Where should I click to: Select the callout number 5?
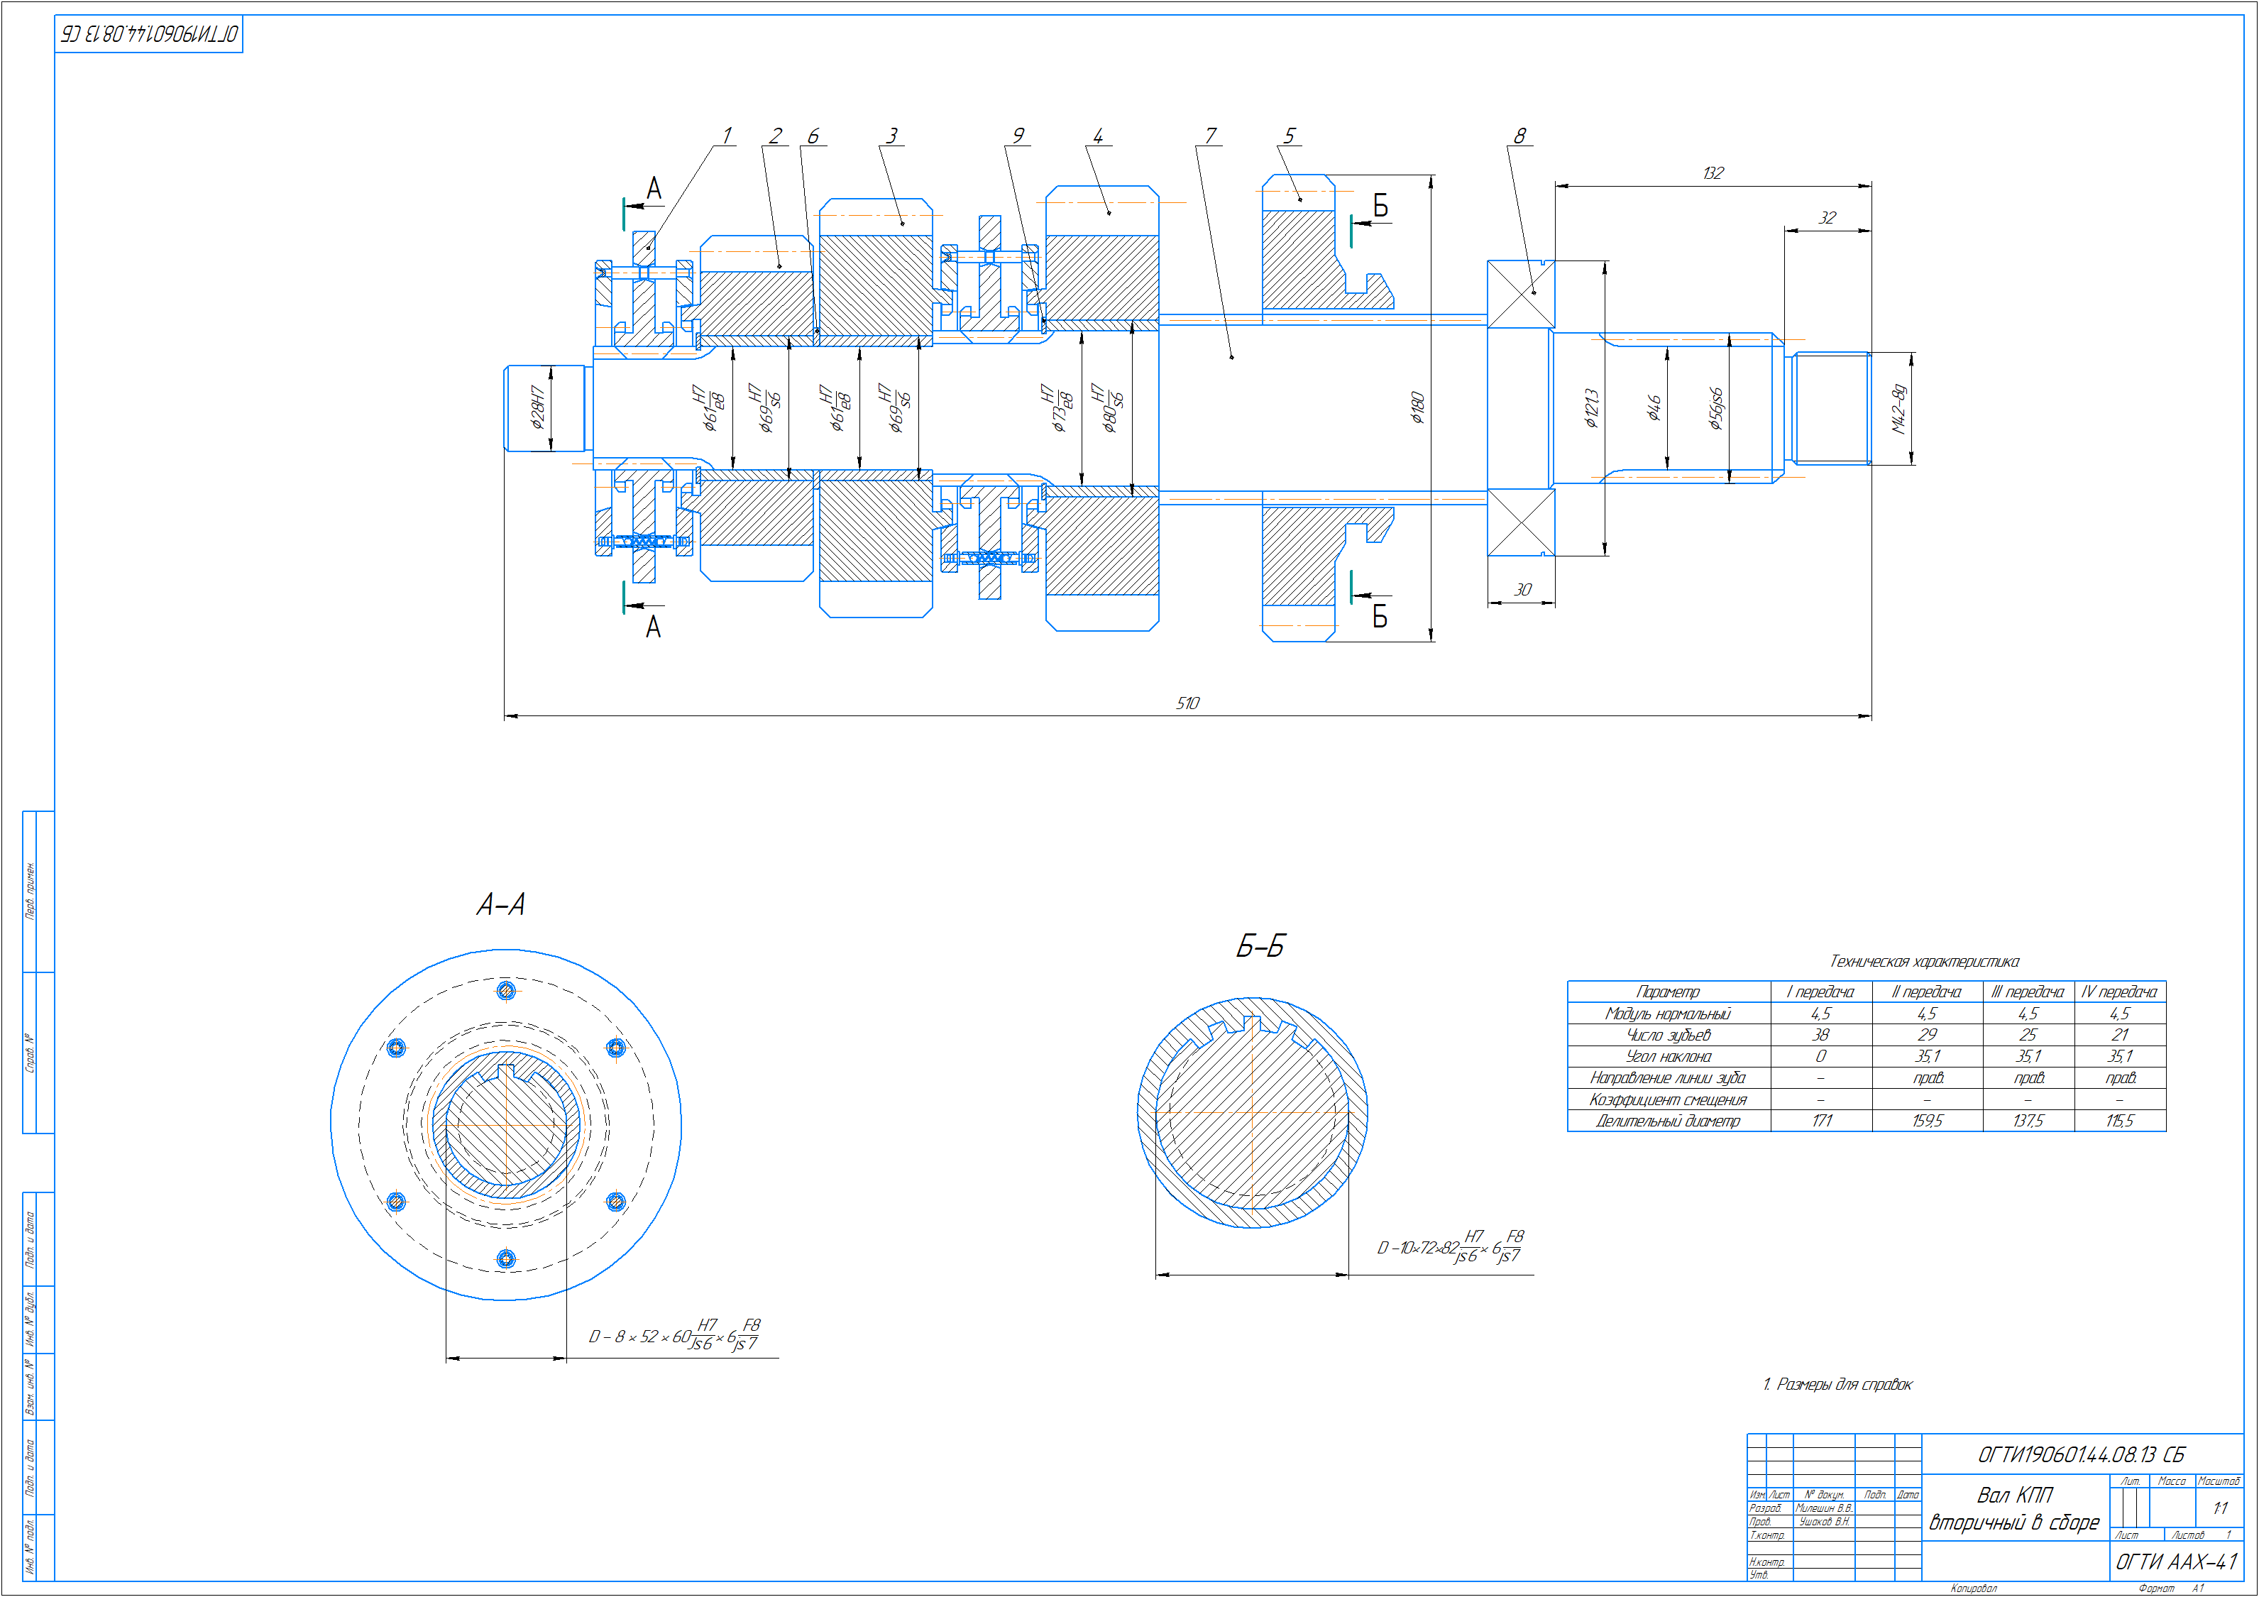click(1289, 136)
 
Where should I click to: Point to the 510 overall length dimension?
click(1187, 703)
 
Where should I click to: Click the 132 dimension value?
click(1713, 173)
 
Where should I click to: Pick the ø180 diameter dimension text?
click(1417, 407)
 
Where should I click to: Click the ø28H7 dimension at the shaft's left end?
click(537, 407)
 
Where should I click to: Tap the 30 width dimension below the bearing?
click(1522, 589)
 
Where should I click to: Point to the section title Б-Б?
click(1259, 948)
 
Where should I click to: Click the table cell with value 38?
click(1820, 1035)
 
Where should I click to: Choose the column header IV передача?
click(2119, 992)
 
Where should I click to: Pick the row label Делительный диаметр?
click(1668, 1121)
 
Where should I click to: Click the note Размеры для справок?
click(1838, 1385)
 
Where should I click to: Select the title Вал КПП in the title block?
click(2014, 1496)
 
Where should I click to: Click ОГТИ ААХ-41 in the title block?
click(2177, 1562)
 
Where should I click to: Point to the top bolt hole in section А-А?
click(506, 991)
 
